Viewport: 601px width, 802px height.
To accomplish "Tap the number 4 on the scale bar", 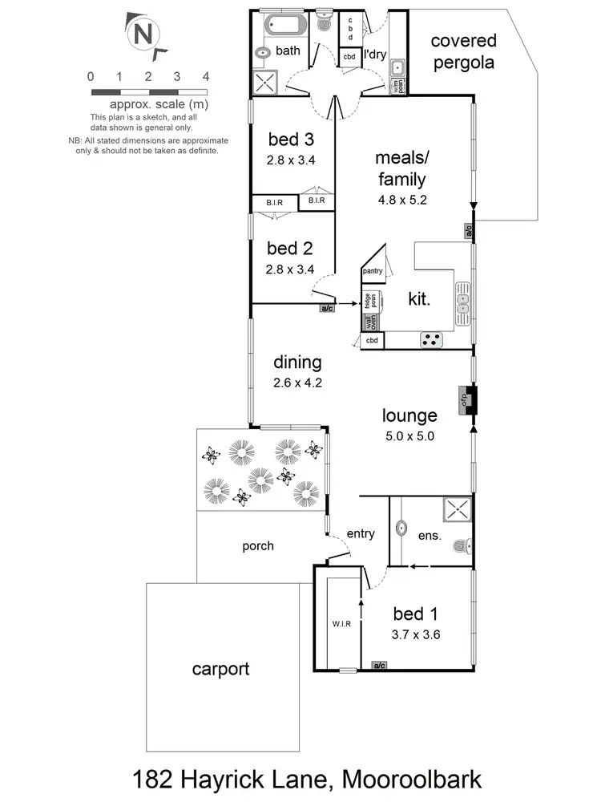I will coord(206,77).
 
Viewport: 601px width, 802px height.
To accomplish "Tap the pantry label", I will coord(373,272).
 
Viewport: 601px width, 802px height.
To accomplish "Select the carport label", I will coord(220,668).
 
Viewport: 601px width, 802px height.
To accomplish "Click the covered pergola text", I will coord(465,51).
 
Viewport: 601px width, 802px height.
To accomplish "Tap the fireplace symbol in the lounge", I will coord(466,401).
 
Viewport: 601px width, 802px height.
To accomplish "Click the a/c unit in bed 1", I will coord(379,665).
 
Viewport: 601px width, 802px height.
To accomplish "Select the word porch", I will coord(257,546).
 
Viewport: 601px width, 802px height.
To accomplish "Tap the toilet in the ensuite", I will coord(459,547).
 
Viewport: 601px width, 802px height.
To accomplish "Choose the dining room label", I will coord(296,363).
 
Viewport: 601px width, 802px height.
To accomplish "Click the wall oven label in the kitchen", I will coord(371,322).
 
